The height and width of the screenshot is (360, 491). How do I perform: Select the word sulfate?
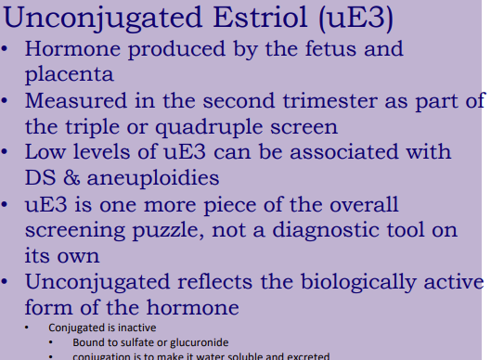[x=123, y=342]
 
